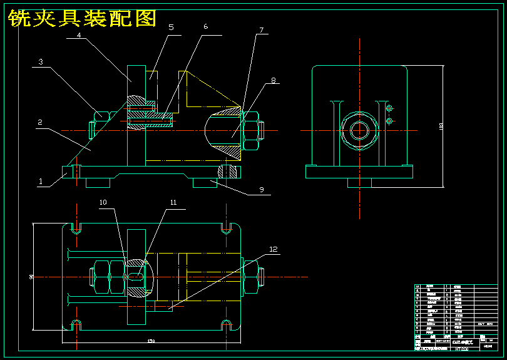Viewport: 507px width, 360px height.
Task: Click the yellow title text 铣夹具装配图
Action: pos(82,19)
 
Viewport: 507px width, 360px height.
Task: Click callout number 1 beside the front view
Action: pos(41,182)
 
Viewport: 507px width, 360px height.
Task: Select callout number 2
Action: pos(39,123)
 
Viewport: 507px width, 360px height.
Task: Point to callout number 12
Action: pos(273,249)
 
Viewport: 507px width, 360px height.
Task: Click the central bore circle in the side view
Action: pos(359,130)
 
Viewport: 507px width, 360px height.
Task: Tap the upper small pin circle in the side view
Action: pos(389,110)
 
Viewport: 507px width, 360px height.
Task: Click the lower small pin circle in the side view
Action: pos(389,120)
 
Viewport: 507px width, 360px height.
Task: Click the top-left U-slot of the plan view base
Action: pos(76,227)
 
